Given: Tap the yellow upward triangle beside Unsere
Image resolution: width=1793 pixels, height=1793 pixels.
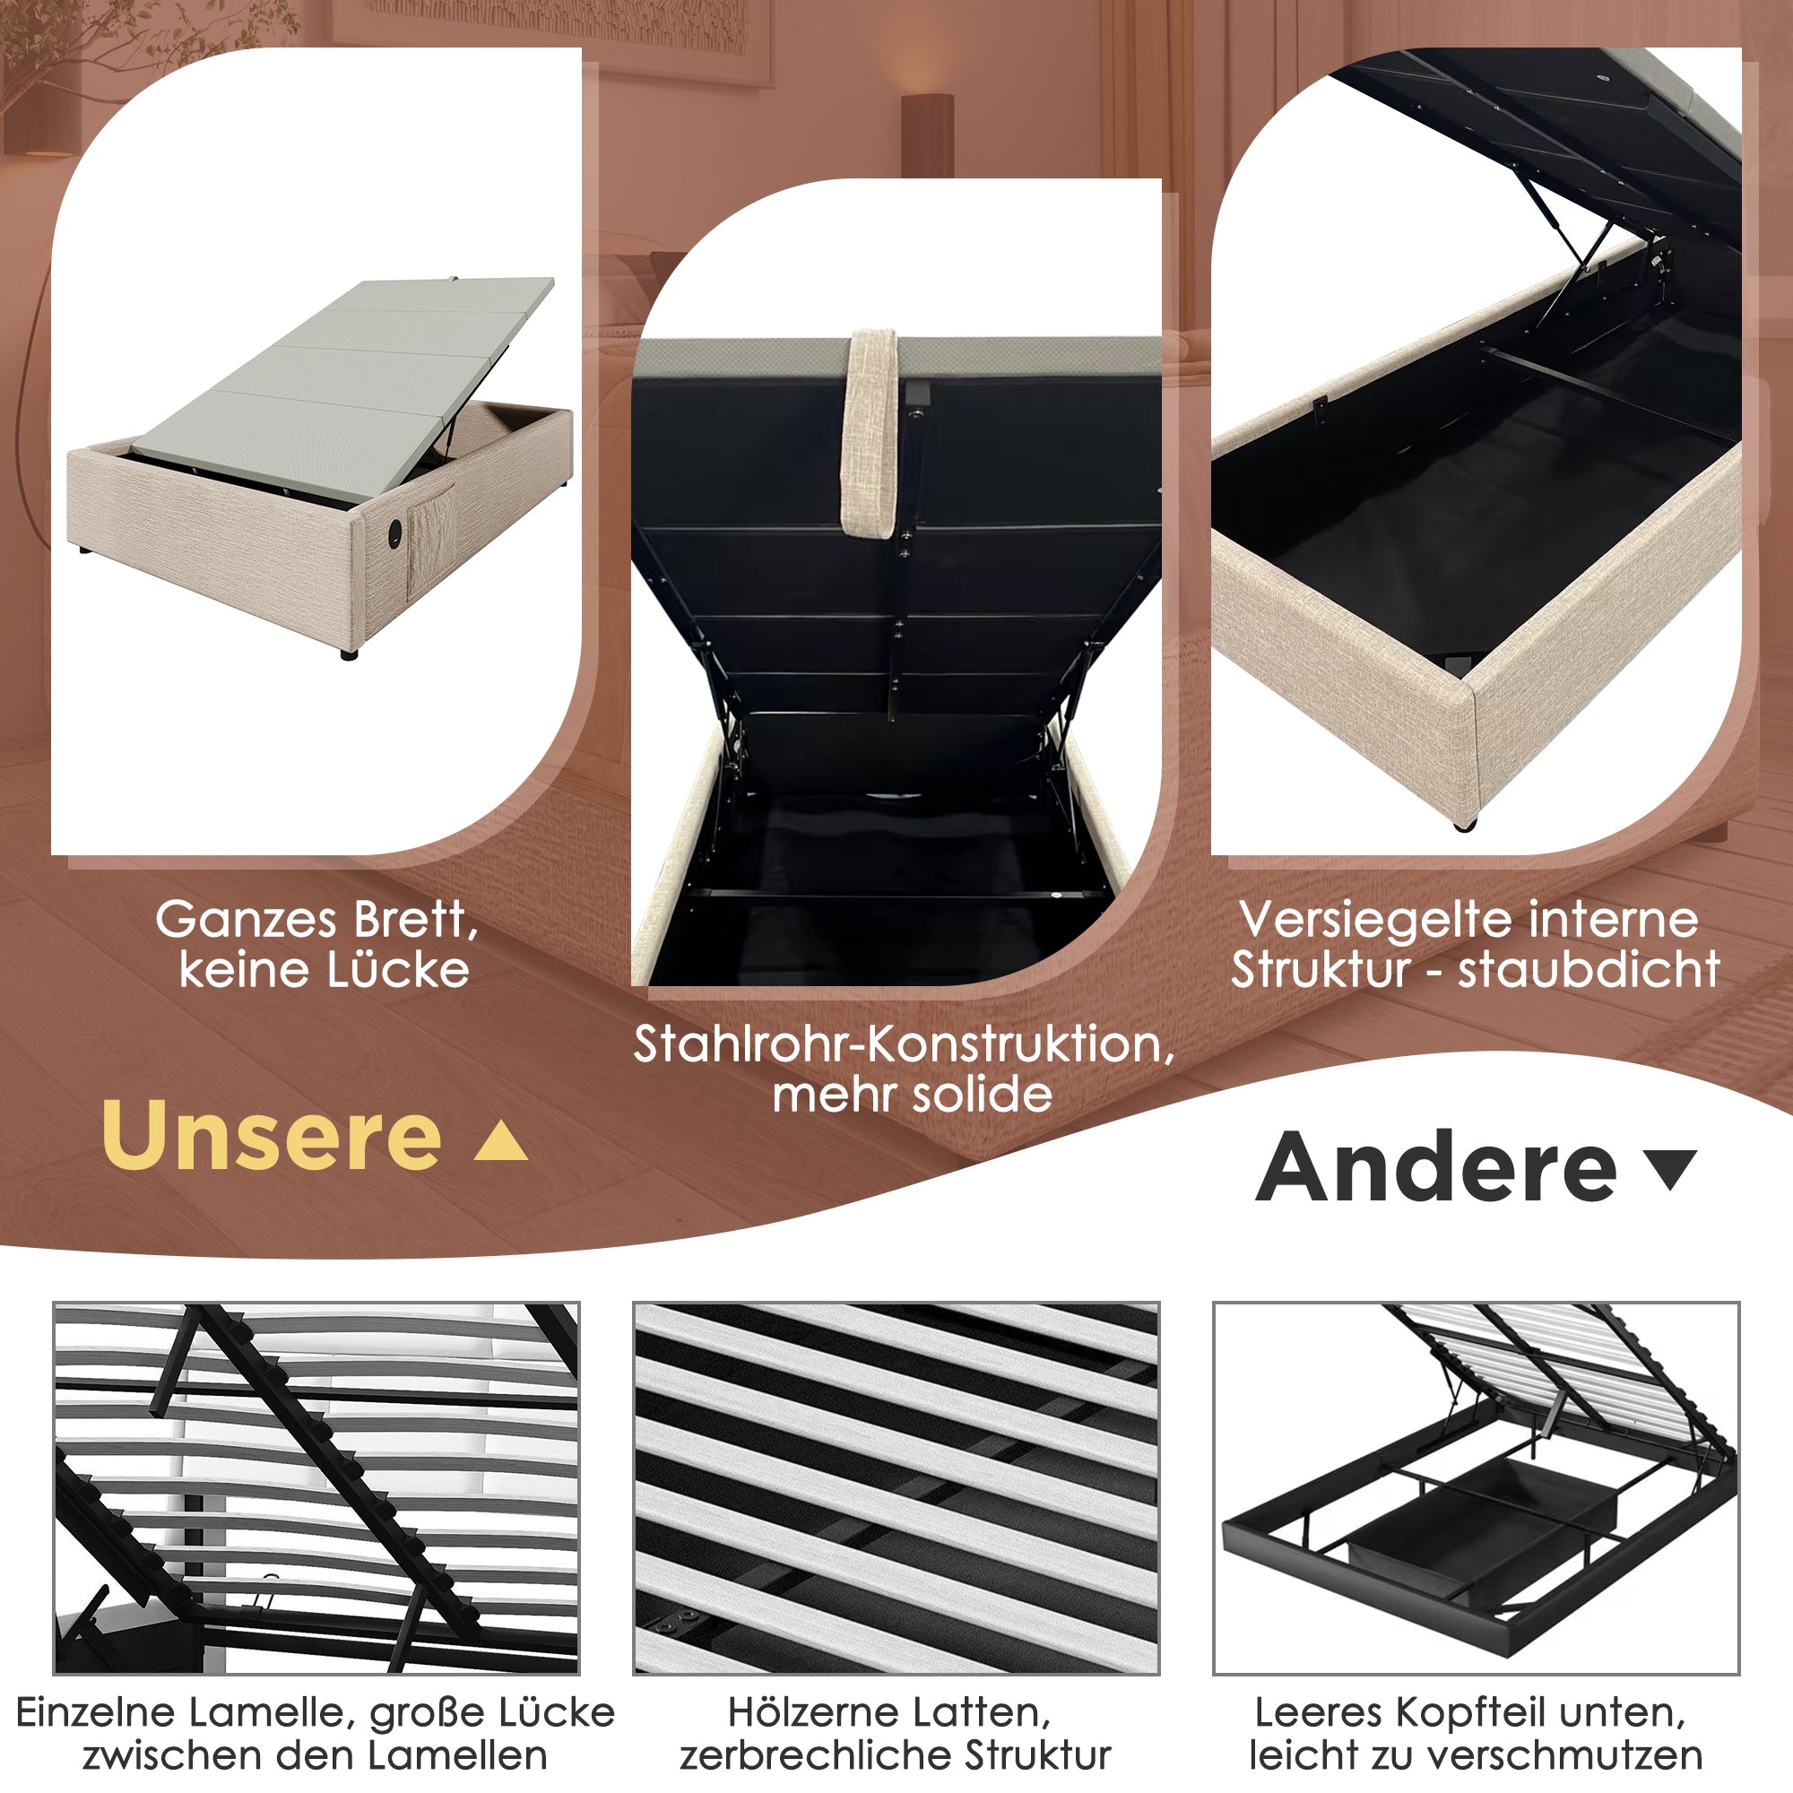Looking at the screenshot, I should [x=501, y=1141].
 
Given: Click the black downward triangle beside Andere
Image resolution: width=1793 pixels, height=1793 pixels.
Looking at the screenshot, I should [x=1670, y=1168].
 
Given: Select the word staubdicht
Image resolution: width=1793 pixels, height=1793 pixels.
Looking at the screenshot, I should [x=1589, y=971].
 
